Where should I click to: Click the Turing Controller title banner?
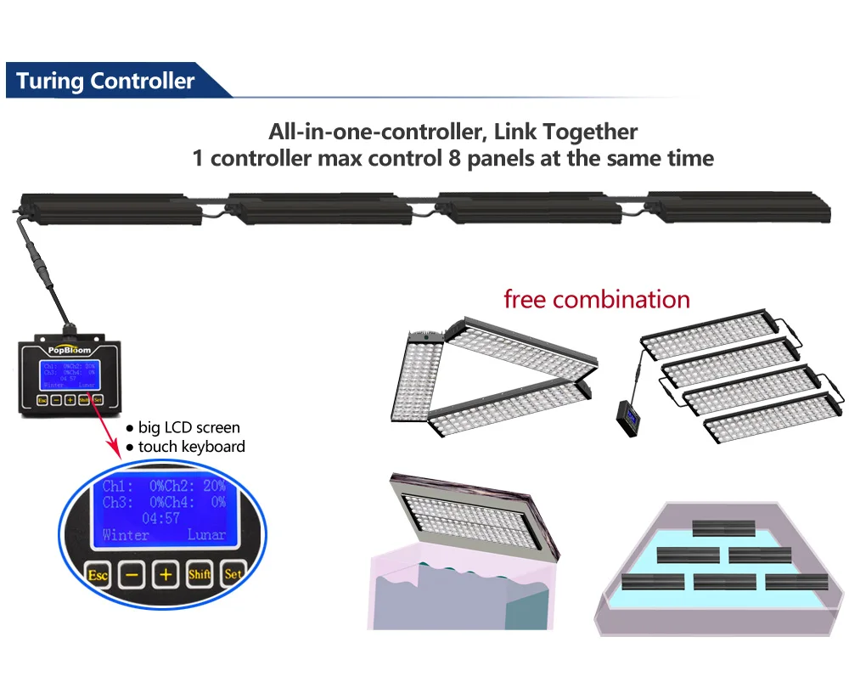106,82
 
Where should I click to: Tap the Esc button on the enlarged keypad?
98,575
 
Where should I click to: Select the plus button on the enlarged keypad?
166,575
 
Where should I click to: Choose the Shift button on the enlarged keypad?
200,575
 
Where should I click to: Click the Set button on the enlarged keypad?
232,575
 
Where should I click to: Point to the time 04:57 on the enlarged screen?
160,517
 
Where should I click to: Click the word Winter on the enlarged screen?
126,535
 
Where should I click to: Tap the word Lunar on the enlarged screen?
206,535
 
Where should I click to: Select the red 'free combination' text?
596,299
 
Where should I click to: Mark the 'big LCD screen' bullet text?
188,427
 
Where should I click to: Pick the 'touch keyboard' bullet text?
191,446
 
